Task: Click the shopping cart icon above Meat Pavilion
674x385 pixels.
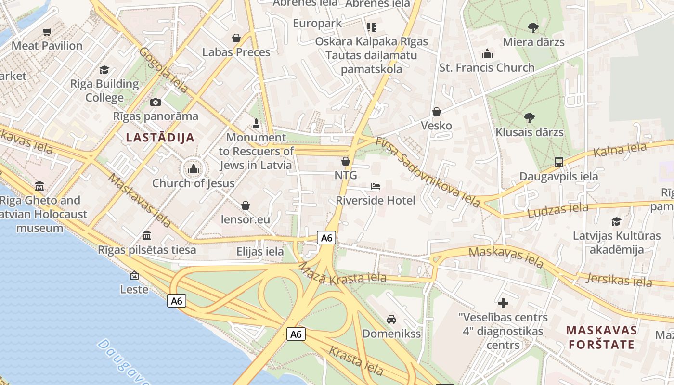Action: [47, 32]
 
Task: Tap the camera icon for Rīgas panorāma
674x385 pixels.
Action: [156, 102]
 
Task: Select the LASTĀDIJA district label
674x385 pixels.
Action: [160, 138]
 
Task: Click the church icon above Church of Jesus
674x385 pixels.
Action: [194, 169]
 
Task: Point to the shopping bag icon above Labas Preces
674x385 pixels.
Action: [236, 38]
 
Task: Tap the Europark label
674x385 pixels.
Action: [317, 23]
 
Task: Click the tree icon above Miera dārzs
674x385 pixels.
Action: [533, 28]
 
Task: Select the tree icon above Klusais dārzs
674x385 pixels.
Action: [529, 117]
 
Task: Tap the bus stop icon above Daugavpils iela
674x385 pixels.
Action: [558, 162]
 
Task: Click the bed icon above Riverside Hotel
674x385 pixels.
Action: [376, 186]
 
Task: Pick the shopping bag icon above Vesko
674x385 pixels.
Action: [437, 112]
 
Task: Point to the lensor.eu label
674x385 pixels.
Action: [246, 219]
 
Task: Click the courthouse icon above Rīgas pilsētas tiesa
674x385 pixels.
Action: [147, 236]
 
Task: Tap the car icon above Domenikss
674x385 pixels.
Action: [391, 319]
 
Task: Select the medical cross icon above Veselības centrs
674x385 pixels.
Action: [503, 303]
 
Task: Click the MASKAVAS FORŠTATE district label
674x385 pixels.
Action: [601, 337]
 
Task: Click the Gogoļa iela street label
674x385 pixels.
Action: [164, 70]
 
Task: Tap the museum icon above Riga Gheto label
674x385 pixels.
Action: [39, 186]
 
